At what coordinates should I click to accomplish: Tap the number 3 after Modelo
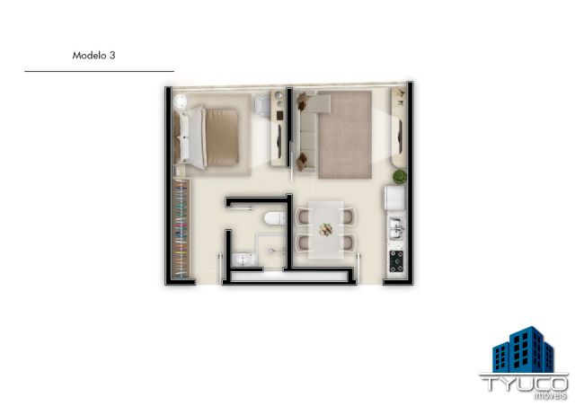coord(112,56)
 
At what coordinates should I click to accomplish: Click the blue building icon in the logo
coord(523,349)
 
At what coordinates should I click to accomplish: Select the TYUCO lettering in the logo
coord(524,384)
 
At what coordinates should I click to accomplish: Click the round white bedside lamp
coord(181,101)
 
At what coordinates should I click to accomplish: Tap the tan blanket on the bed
coord(222,137)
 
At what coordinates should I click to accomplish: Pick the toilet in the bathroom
coord(275,218)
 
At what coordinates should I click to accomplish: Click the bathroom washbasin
coord(243,260)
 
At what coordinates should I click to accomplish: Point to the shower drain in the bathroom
coord(271,251)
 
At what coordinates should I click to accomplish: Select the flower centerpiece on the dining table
coord(325,230)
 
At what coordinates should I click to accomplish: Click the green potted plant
coord(399,176)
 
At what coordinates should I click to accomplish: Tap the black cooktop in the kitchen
coord(396,261)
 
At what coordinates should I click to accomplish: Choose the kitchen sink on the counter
coord(396,227)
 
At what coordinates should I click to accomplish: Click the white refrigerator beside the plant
coord(394,198)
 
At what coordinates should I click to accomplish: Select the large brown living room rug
coord(345,135)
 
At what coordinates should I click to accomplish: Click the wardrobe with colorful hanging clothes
coord(181,228)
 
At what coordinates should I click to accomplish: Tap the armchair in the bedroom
coord(261,106)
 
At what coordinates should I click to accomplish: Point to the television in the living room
coord(400,136)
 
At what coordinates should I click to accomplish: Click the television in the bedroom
coord(280,141)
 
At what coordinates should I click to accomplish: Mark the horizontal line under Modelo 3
coord(100,71)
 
